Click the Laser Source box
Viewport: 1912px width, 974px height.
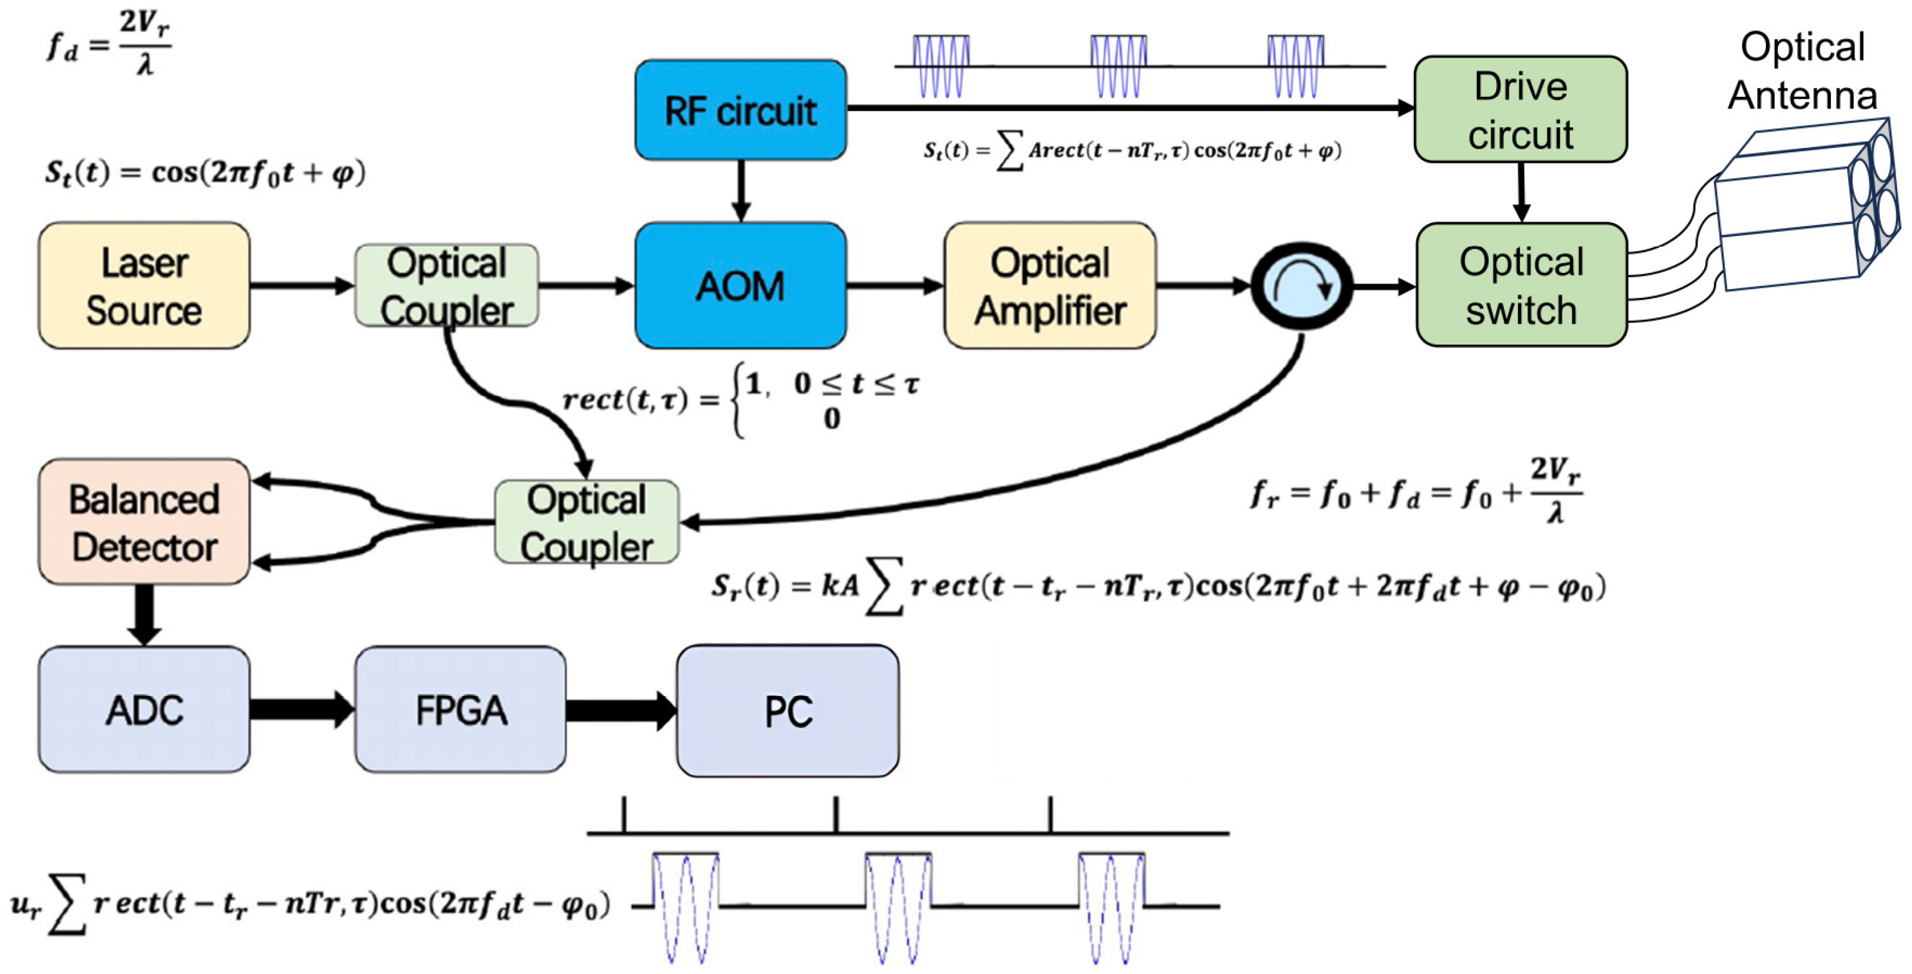144,286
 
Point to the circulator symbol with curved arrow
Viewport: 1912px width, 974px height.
1301,286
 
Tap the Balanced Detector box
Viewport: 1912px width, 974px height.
144,522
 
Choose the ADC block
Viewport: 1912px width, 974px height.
144,710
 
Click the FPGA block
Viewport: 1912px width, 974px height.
460,710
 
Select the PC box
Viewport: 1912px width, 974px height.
788,711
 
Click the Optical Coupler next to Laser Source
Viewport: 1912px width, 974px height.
447,286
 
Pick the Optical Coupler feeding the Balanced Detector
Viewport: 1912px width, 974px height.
586,522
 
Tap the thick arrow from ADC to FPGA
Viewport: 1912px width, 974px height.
301,710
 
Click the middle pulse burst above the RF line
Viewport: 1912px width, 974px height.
1118,67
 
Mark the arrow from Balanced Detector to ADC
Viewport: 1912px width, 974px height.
144,615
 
